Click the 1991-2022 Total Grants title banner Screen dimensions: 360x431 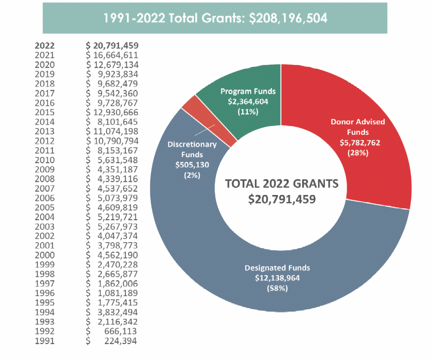coord(215,18)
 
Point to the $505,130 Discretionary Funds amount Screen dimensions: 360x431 coord(192,165)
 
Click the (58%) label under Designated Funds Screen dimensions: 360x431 coord(277,289)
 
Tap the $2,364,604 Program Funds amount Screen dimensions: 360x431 coord(248,101)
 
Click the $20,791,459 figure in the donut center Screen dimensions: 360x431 coord(282,199)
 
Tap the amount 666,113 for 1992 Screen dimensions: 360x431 coord(121,331)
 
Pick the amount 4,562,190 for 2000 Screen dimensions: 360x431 coord(118,255)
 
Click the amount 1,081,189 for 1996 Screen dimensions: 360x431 coord(118,293)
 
